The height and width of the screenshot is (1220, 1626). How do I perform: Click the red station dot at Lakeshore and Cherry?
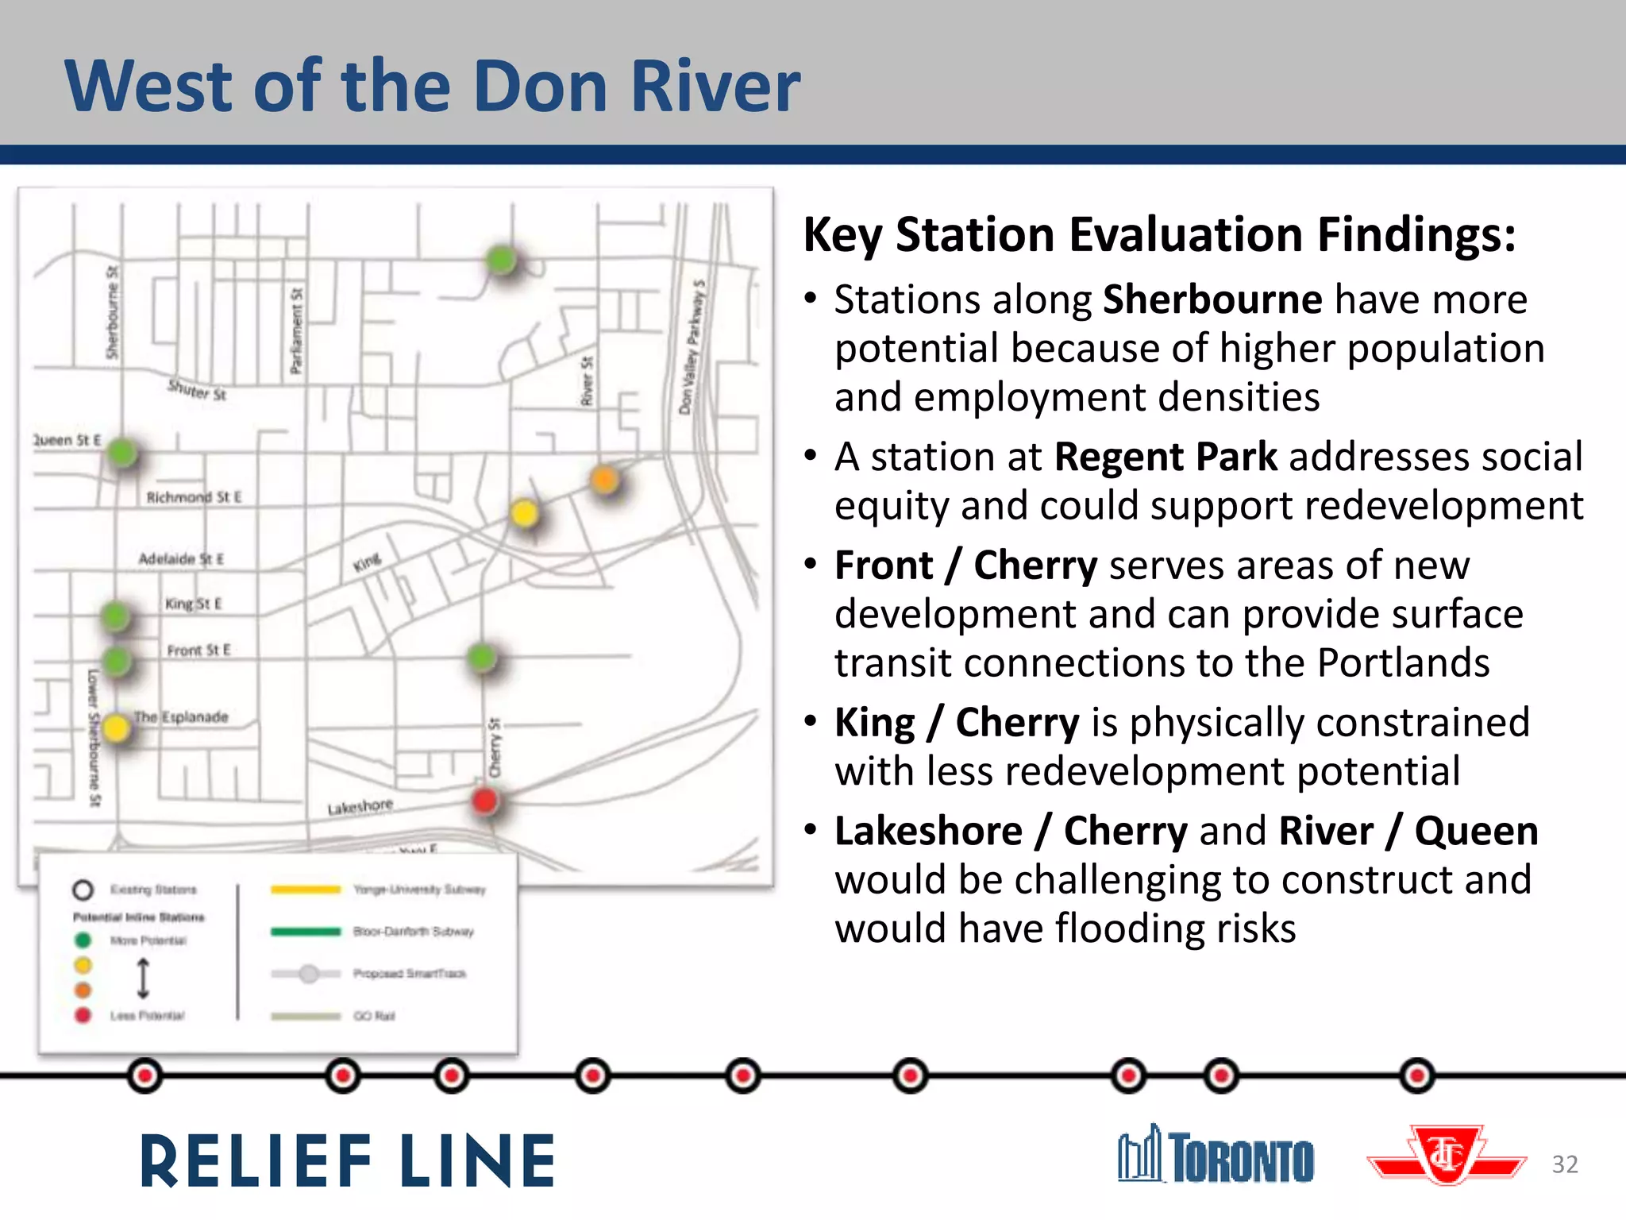(484, 801)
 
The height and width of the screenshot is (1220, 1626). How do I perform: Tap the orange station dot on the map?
(604, 480)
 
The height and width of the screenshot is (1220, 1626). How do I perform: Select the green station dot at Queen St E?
(121, 453)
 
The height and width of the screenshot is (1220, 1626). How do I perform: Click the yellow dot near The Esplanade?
(116, 728)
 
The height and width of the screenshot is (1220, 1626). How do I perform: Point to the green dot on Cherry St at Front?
(481, 657)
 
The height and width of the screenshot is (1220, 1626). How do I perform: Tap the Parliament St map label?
(296, 330)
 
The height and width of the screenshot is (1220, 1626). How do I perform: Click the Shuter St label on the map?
(197, 390)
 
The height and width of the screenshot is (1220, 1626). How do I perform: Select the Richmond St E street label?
(194, 497)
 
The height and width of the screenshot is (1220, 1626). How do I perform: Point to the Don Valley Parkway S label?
(692, 346)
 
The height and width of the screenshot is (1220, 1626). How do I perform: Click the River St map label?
(587, 381)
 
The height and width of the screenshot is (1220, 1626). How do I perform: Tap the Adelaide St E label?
(181, 559)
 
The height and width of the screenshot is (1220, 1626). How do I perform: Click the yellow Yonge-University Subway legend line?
(306, 890)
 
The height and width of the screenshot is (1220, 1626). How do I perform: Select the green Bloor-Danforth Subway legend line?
(306, 932)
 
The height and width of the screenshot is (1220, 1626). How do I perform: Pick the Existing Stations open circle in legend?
(83, 890)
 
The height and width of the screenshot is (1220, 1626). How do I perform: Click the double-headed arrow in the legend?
(144, 978)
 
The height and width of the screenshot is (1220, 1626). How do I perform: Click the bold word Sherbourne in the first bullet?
(1212, 300)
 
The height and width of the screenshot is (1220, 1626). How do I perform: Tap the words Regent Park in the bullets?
(1166, 457)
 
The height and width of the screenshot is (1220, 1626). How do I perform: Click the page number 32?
(1565, 1164)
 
